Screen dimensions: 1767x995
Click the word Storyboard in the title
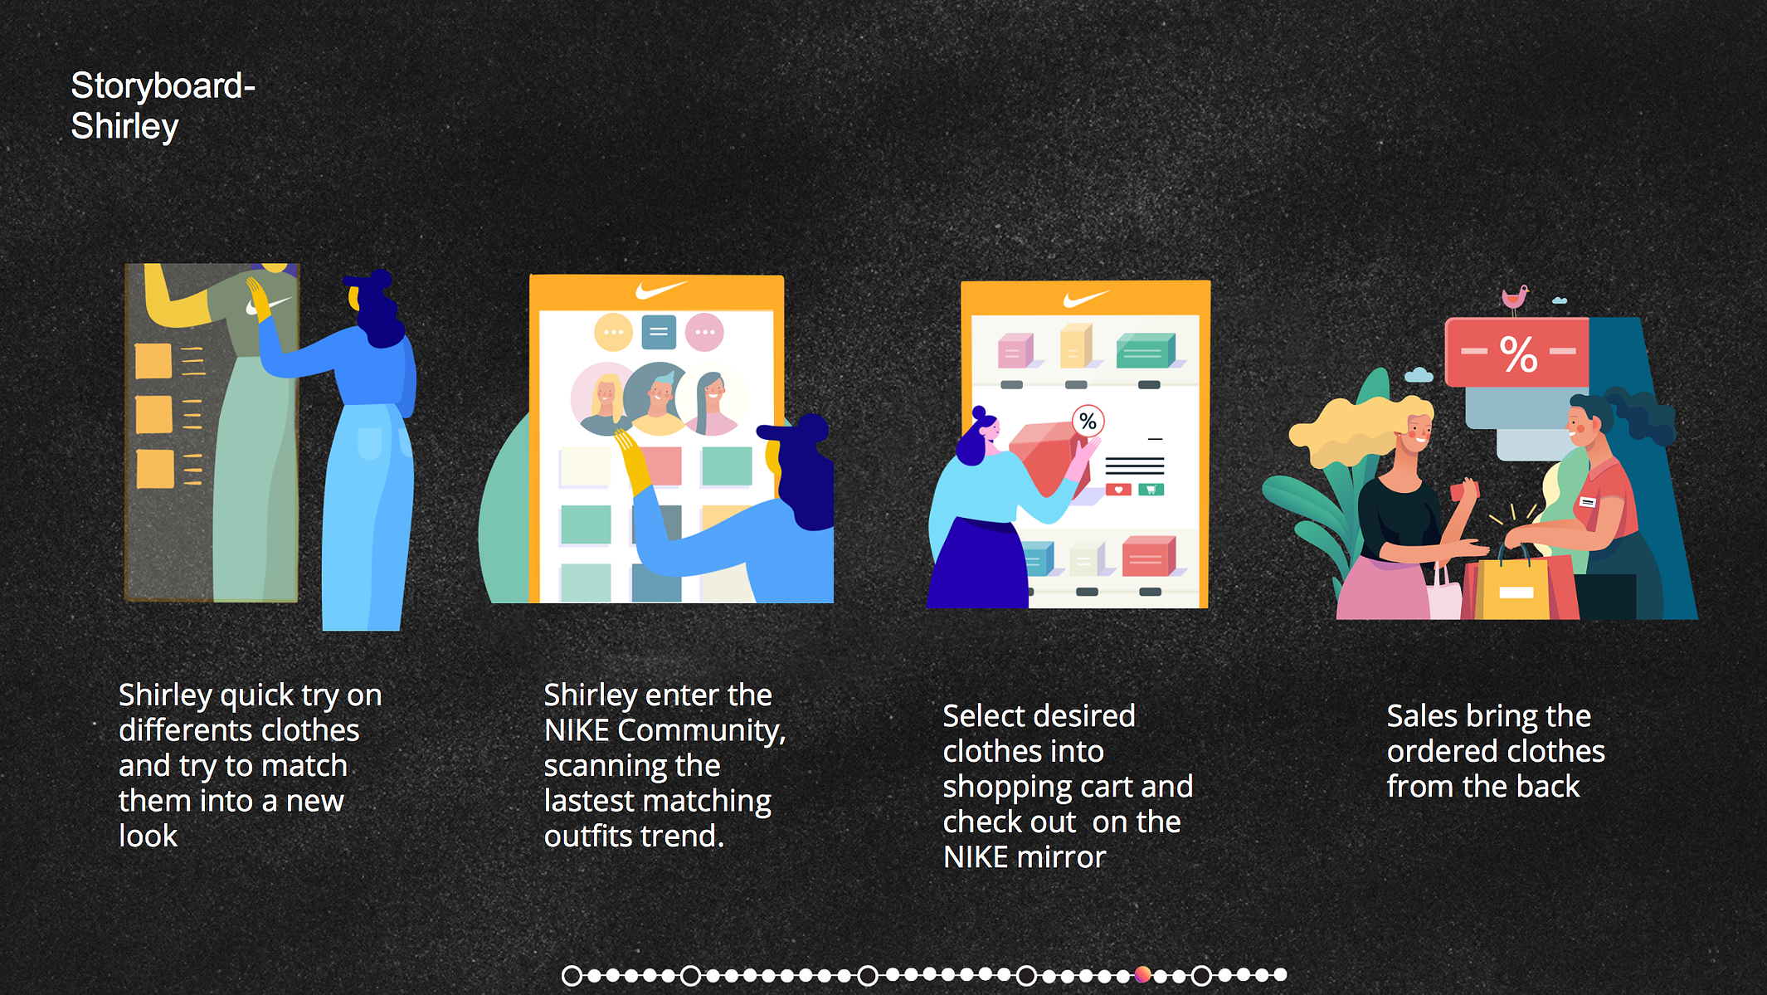pos(158,86)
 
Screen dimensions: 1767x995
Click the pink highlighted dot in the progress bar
pos(1142,974)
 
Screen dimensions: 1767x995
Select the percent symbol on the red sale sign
pos(1519,354)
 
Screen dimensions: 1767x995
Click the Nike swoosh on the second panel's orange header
pos(661,290)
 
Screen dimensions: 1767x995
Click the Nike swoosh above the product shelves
pos(1085,298)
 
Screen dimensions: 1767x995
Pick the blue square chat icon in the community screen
pos(659,332)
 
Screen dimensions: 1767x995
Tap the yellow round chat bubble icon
pos(613,332)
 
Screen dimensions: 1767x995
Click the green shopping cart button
pos(1151,490)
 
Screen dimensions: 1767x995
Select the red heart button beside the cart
pos(1118,490)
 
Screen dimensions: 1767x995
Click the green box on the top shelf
pos(1146,350)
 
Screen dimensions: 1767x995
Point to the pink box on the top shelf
pos(1015,350)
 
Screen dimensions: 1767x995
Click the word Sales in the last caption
pos(1422,715)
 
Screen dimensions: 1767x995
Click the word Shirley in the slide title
pos(124,127)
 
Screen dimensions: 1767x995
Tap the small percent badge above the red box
pos(1088,422)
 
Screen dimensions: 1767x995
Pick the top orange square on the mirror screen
pos(153,360)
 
